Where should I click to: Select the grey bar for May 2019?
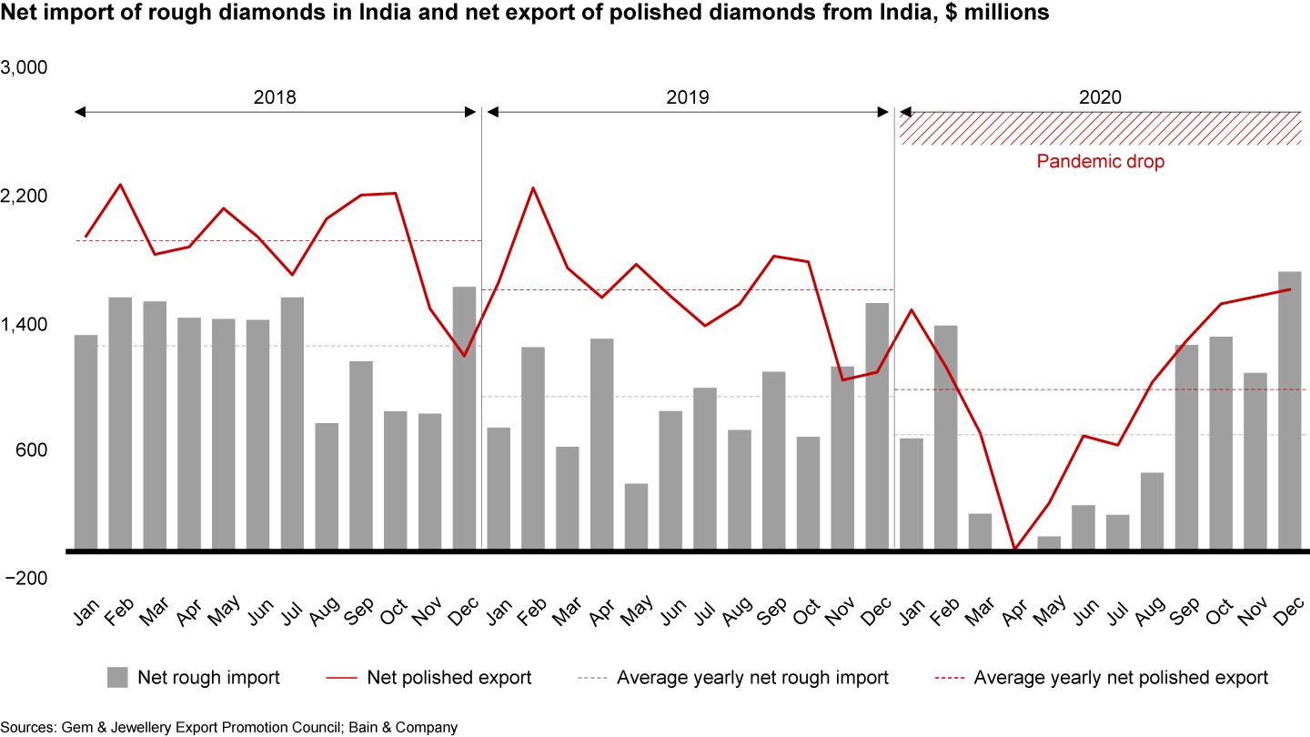637,516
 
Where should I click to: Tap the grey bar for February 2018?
120,423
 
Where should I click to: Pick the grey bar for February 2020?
945,437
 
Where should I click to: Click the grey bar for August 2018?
327,486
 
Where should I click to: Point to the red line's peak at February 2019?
533,188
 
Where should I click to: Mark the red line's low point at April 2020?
1014,549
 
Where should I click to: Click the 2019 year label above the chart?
687,97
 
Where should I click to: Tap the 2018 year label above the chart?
275,97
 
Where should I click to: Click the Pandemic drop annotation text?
1101,162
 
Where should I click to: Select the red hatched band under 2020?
1101,128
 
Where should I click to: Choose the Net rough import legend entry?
208,677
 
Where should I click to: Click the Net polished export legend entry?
449,677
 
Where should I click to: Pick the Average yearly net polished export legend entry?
1121,677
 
